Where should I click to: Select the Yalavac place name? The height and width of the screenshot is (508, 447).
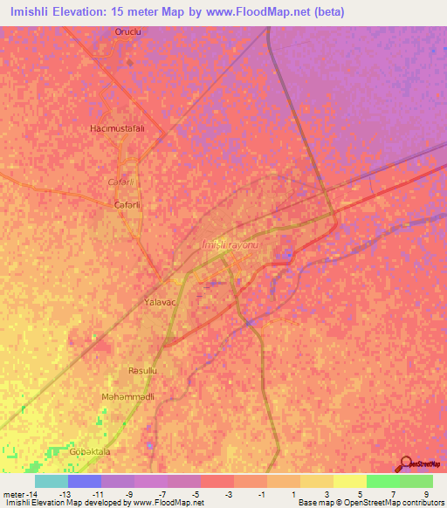[160, 301]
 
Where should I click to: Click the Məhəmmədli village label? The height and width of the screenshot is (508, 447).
[128, 396]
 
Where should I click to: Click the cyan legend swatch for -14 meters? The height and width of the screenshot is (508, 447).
[52, 481]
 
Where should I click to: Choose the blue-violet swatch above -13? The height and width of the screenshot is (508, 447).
[85, 481]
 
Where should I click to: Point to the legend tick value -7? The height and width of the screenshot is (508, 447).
[163, 494]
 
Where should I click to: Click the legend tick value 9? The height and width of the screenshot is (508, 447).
[425, 494]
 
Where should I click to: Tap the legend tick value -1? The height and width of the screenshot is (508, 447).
[262, 494]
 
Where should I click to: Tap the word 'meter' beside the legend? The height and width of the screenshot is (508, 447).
[15, 494]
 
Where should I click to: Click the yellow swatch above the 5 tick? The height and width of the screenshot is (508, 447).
[350, 481]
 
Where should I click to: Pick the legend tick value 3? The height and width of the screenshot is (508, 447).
[326, 494]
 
